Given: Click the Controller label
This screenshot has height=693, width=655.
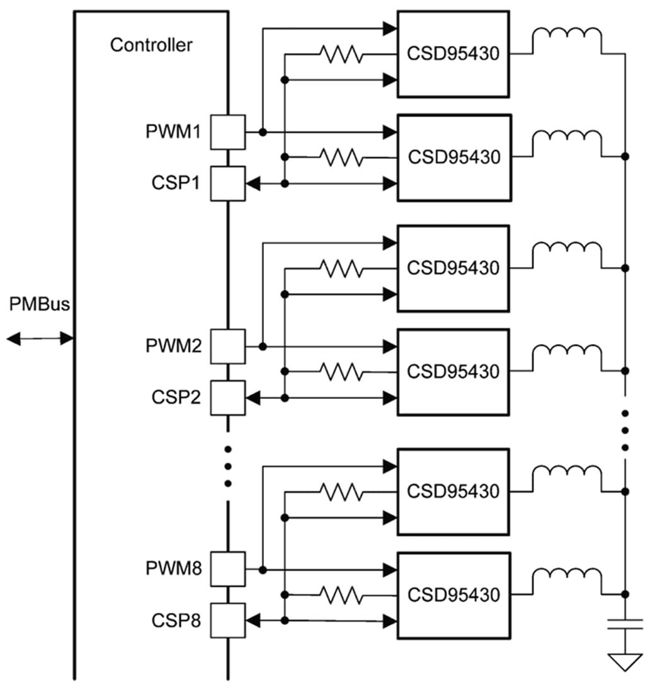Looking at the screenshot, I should (151, 45).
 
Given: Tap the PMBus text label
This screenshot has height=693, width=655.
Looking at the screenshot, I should (40, 304).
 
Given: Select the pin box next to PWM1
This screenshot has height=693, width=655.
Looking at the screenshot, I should (227, 132).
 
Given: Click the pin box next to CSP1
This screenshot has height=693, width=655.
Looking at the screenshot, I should (227, 183).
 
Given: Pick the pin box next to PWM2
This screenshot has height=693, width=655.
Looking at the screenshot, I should (227, 346).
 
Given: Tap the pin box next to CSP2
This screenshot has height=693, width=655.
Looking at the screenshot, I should (227, 398).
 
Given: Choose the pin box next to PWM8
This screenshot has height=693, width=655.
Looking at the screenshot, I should (227, 570).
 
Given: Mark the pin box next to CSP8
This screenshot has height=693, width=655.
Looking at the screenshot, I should (227, 621).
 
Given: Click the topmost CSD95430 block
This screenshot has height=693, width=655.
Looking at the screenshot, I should (453, 54).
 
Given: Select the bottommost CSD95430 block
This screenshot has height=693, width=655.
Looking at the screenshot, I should (453, 595).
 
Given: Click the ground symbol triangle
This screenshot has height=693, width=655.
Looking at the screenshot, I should (625, 662).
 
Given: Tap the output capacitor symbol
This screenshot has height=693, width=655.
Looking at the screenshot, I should (625, 624).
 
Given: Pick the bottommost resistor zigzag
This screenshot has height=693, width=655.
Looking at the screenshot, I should (342, 595).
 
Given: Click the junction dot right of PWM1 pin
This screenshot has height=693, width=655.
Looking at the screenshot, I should (263, 132).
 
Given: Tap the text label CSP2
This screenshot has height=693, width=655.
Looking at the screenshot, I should (176, 398).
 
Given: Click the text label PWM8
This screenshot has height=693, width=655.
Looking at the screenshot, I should (174, 570).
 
